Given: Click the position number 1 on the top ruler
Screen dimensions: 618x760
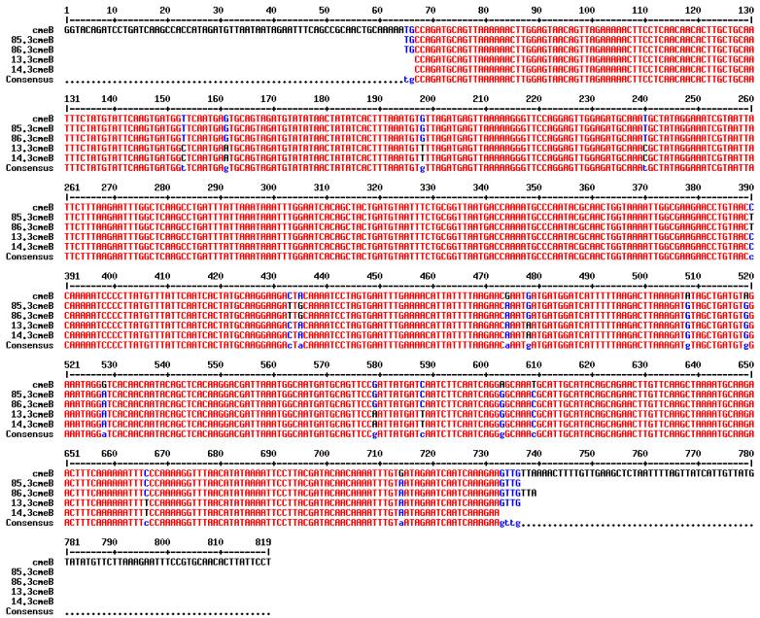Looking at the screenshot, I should (x=66, y=7).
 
